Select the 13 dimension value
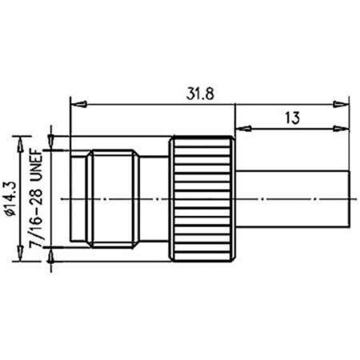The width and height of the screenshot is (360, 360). (x=291, y=117)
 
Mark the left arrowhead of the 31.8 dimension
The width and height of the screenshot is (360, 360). (x=76, y=102)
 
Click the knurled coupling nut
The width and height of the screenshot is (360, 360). (x=201, y=197)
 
